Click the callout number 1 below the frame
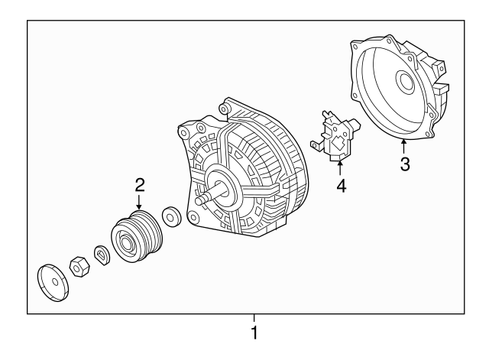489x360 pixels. pos(255,333)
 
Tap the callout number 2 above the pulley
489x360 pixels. pos(140,183)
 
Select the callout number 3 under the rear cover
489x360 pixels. pos(405,163)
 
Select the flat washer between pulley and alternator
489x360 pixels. pos(172,216)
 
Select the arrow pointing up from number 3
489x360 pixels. pos(404,144)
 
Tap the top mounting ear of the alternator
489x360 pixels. pos(227,108)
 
